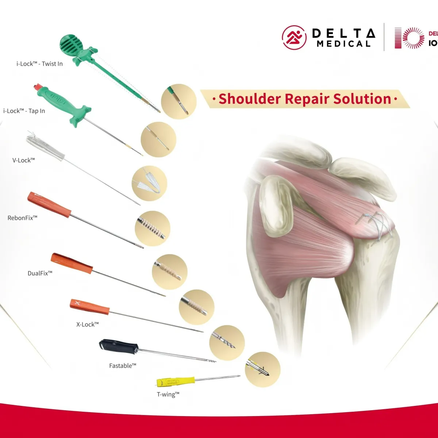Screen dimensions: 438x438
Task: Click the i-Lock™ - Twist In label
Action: pos(39,64)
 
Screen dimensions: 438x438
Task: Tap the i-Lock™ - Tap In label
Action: pos(24,111)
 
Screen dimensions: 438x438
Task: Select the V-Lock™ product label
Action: pos(24,160)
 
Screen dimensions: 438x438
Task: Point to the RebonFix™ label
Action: pos(23,218)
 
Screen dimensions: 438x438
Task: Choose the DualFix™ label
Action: pos(40,273)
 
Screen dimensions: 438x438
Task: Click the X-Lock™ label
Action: pos(88,324)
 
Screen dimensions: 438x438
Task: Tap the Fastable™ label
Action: pos(123,365)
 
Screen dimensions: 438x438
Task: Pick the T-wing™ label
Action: pos(168,394)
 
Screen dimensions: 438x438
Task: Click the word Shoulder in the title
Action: pos(249,99)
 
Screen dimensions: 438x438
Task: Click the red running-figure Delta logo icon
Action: pos(294,38)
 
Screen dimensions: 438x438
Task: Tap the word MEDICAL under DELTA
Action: pos(343,44)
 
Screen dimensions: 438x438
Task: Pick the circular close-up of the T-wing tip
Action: pos(262,369)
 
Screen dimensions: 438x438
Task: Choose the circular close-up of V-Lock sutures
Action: pos(149,183)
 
